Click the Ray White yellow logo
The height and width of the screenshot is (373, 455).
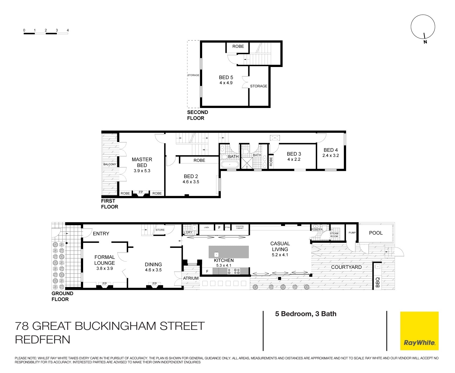[x=419, y=331]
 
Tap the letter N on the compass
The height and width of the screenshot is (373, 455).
[x=425, y=42]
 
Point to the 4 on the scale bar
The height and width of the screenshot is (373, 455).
[x=68, y=30]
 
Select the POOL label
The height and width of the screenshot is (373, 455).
[x=376, y=233]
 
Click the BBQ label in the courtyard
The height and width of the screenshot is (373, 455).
[x=378, y=282]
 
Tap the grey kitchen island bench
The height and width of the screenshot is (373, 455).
[x=229, y=252]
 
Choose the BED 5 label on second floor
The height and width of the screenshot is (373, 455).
[x=226, y=77]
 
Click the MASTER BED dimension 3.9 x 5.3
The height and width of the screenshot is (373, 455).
[x=142, y=171]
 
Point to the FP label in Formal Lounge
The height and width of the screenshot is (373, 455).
[x=105, y=284]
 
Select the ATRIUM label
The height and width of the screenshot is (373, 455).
[x=191, y=278]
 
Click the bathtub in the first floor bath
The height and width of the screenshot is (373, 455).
[x=229, y=165]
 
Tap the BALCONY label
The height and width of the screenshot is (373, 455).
[x=110, y=164]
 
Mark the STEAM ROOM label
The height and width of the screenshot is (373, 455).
[x=334, y=235]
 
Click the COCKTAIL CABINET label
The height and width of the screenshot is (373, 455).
[x=240, y=227]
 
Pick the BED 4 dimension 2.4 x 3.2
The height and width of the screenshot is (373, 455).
[x=331, y=155]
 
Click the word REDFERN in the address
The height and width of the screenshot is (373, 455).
[x=42, y=340]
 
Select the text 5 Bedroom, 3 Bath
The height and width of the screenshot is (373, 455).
[x=306, y=314]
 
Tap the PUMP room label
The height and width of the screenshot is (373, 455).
[x=352, y=233]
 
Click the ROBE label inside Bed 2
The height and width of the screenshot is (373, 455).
[x=199, y=160]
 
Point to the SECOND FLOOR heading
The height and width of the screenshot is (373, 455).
[x=197, y=115]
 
